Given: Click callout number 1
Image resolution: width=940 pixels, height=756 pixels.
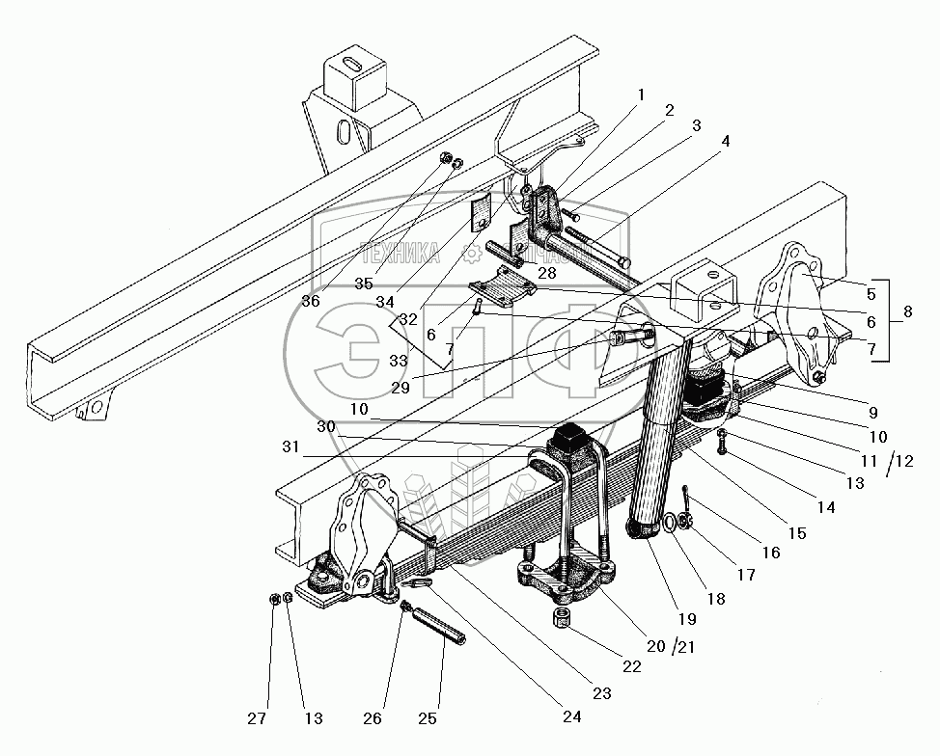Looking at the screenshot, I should pyautogui.click(x=638, y=94).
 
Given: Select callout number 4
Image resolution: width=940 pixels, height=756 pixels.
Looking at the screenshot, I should pyautogui.click(x=724, y=141).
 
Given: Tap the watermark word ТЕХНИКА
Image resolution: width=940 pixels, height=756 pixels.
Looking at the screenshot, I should pyautogui.click(x=400, y=255).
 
